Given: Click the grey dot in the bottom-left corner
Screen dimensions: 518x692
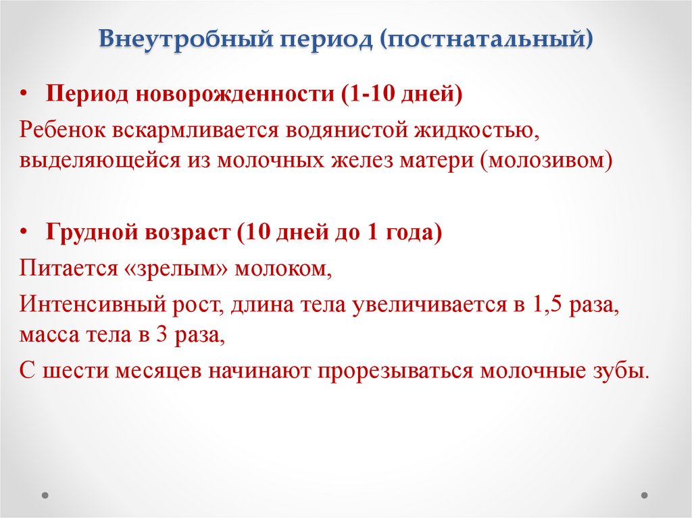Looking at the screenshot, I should [x=45, y=494].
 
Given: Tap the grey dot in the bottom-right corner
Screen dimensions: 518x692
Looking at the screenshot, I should [x=647, y=494].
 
